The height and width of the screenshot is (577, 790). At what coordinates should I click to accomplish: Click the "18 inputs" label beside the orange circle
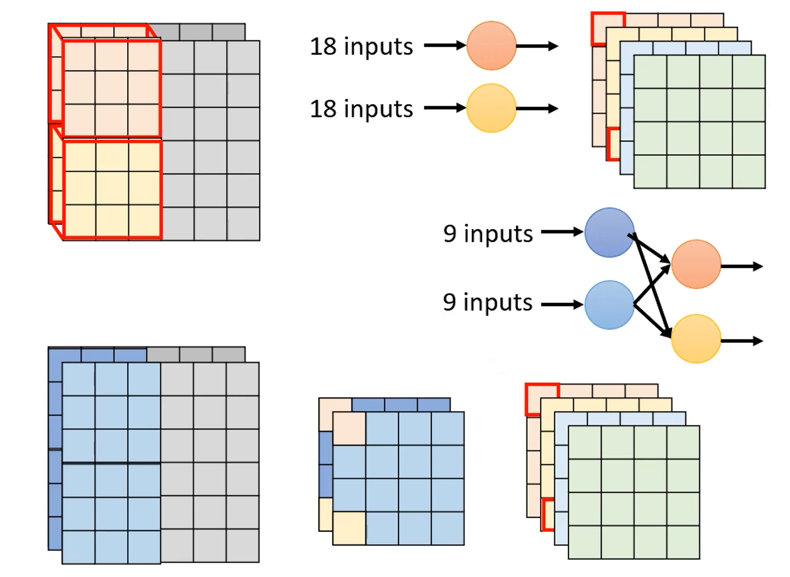[x=361, y=46]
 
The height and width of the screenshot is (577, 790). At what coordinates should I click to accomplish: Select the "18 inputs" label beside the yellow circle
[x=361, y=109]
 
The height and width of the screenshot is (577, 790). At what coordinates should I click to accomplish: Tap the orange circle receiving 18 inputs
[x=491, y=45]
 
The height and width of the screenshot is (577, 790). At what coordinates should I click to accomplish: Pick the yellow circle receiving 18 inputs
[x=491, y=108]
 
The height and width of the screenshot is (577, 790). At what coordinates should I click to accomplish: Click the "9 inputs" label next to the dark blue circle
[x=488, y=233]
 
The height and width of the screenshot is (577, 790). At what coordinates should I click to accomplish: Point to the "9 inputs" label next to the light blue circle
[x=488, y=302]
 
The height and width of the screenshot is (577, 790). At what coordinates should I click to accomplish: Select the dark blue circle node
[x=609, y=232]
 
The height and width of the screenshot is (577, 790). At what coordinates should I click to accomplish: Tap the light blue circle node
[x=609, y=305]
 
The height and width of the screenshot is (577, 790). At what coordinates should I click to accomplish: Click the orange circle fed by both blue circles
[x=696, y=264]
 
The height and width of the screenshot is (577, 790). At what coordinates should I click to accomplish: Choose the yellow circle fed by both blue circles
[x=696, y=339]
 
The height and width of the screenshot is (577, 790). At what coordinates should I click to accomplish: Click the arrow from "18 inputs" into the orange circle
[x=445, y=45]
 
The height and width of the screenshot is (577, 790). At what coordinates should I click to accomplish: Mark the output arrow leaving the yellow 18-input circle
[x=537, y=108]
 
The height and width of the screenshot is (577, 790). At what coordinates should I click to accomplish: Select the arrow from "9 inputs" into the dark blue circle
[x=562, y=232]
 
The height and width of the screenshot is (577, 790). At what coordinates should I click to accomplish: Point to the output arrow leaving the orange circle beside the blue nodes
[x=741, y=266]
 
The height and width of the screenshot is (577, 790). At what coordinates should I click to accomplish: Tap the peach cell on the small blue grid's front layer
[x=349, y=428]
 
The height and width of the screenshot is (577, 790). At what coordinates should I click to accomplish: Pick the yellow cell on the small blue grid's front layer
[x=349, y=528]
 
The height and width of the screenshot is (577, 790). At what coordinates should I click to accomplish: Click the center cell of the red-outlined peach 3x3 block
[x=112, y=88]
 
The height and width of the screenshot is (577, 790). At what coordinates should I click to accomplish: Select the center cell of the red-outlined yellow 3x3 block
[x=112, y=188]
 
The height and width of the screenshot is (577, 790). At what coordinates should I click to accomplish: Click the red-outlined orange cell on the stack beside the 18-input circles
[x=607, y=28]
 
